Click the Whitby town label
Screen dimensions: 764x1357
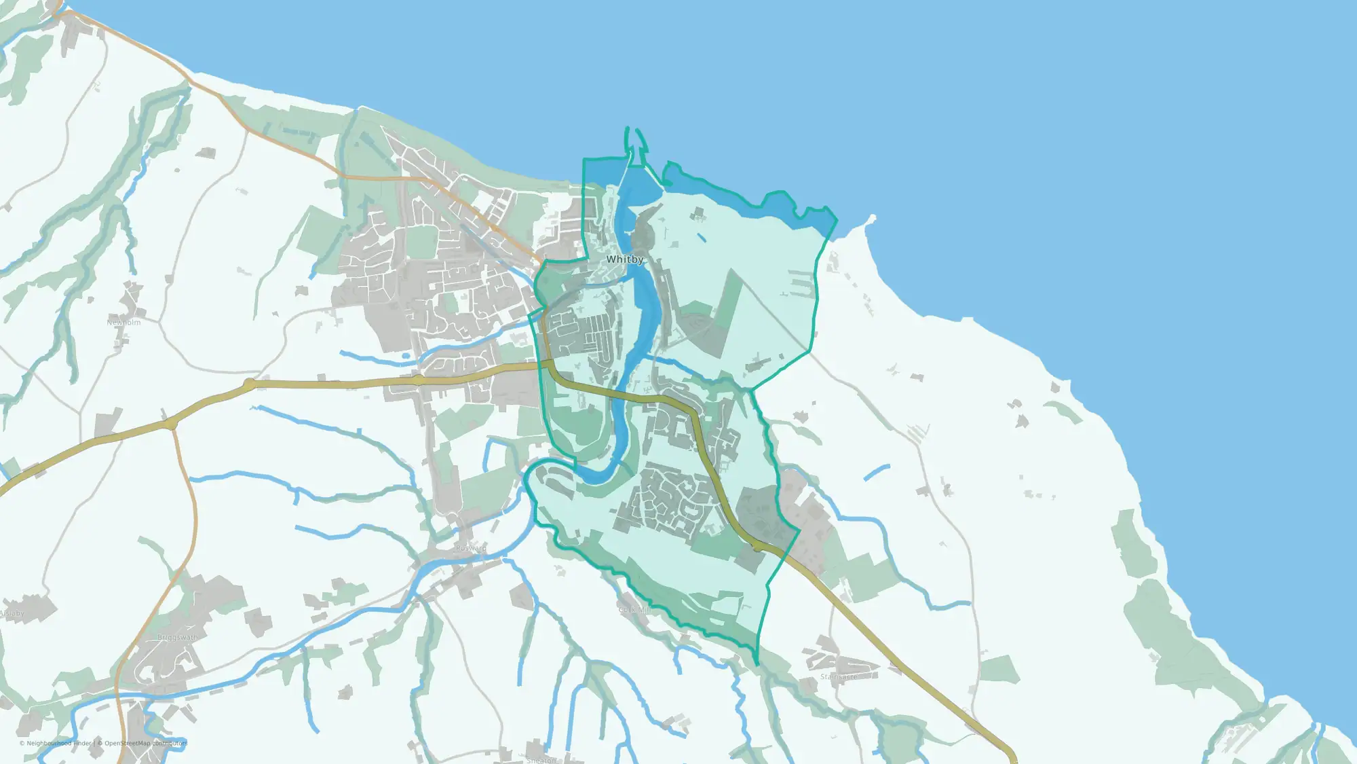625,259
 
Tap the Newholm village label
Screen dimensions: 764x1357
123,323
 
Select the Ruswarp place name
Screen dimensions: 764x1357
471,548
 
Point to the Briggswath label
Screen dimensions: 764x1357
178,638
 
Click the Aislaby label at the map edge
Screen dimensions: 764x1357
12,614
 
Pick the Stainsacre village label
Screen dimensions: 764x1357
839,677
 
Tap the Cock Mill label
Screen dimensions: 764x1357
635,611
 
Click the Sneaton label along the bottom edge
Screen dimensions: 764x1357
541,760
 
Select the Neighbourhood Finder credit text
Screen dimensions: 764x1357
57,743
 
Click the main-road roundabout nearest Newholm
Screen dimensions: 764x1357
250,385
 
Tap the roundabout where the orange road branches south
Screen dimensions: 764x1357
171,424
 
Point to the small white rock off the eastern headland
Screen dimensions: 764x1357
872,219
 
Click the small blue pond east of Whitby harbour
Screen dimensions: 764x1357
700,238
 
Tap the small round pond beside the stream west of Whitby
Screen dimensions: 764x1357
406,355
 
